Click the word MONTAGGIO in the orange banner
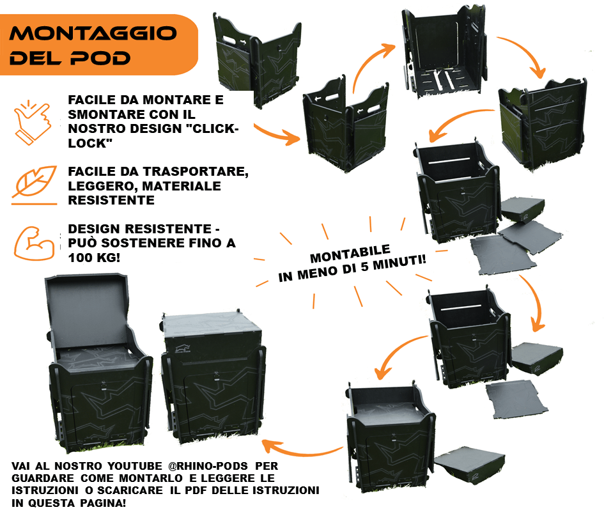tap(93, 33)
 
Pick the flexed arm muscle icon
tap(34, 244)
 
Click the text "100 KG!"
tap(94, 258)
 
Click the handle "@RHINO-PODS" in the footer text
tap(208, 466)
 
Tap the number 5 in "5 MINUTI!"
tap(364, 267)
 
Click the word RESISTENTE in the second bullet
tap(111, 201)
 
